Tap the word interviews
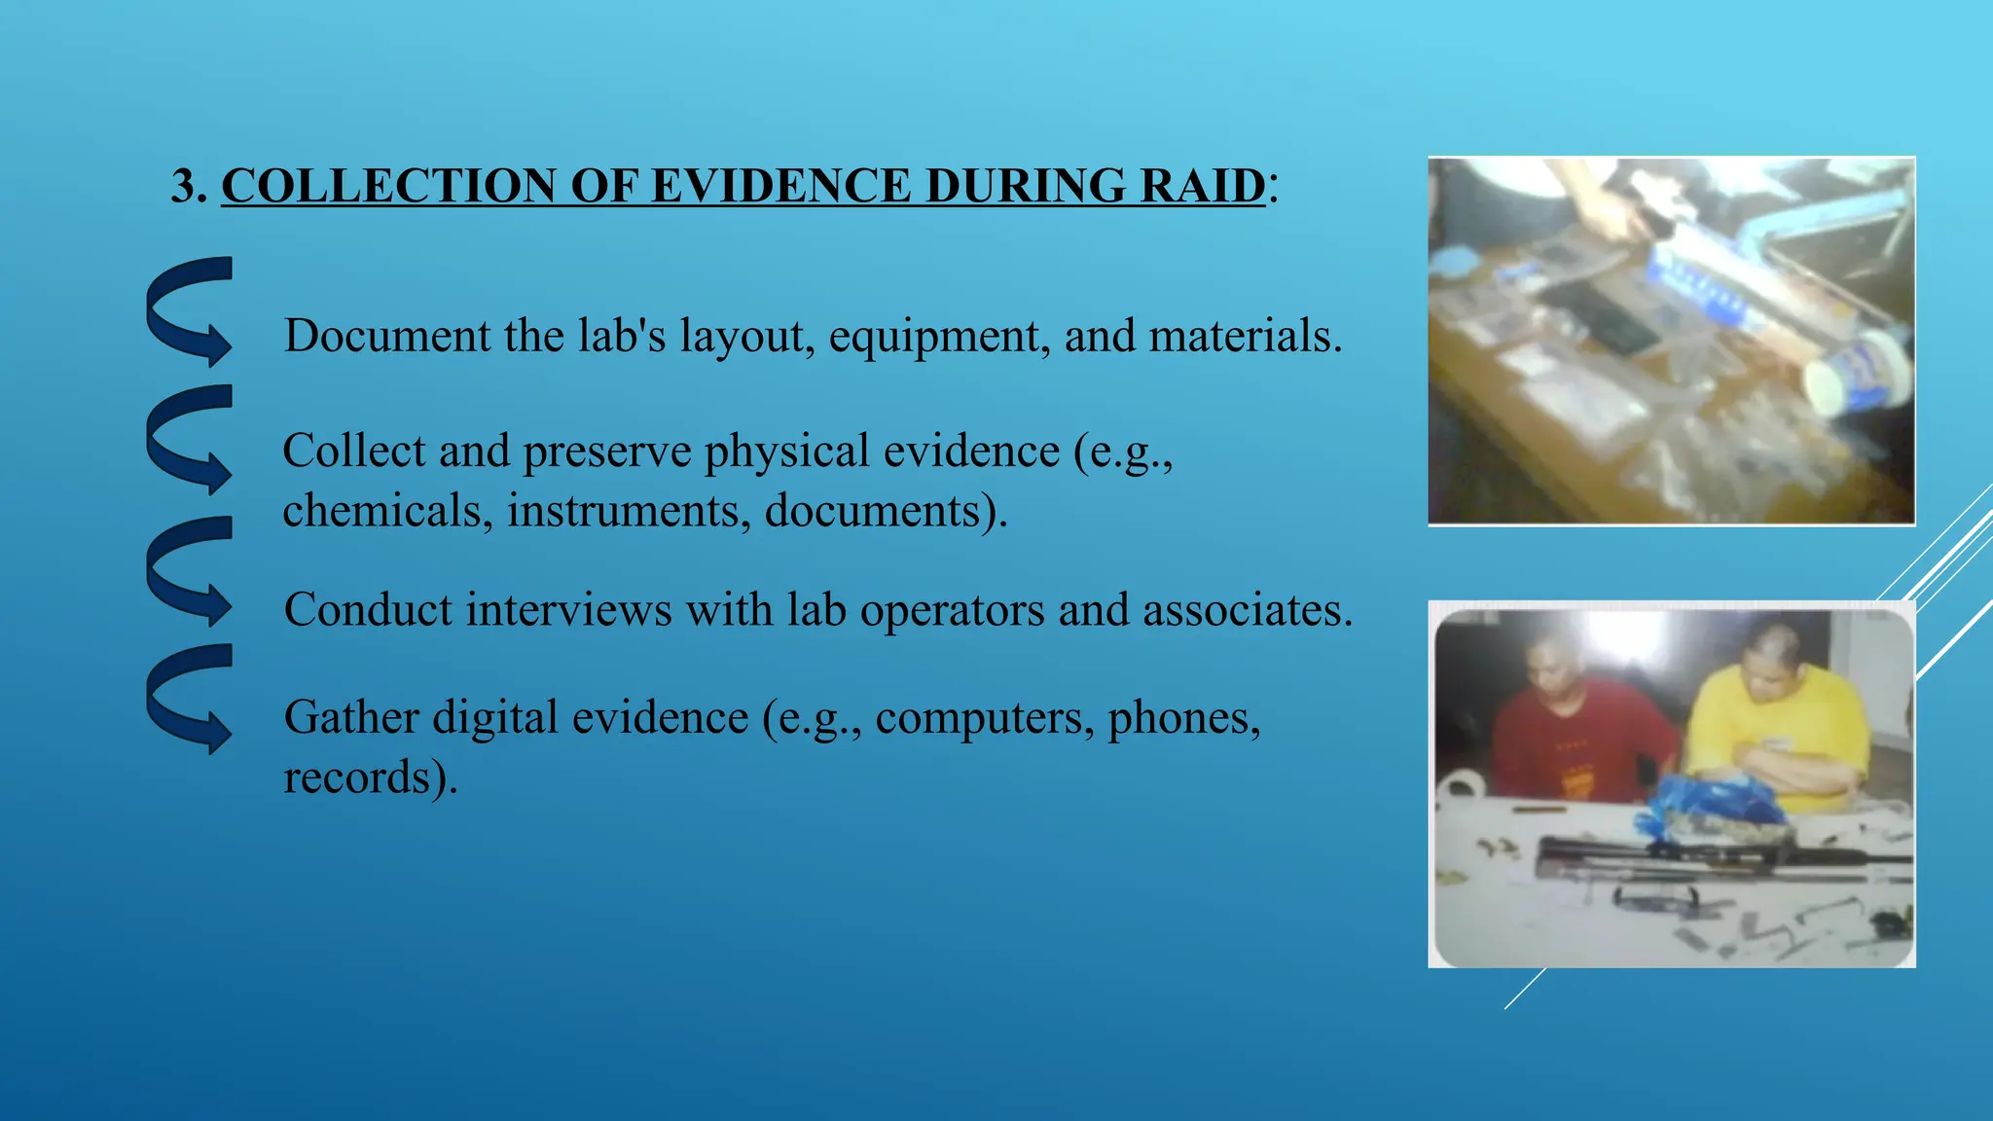568,610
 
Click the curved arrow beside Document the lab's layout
191,311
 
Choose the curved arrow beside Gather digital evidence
191,699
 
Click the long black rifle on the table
1713,856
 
